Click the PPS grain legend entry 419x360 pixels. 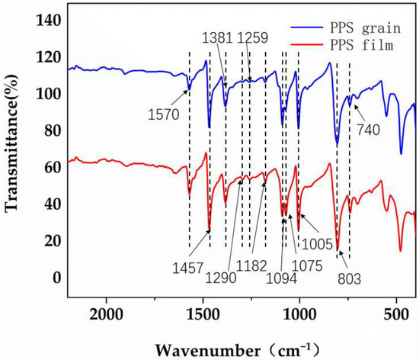point(358,24)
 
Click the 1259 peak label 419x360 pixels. point(254,37)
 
